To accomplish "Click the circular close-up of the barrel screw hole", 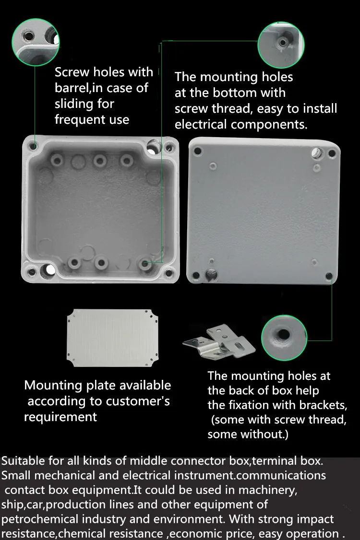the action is click(36, 42).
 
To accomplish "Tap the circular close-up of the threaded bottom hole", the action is click(281, 45).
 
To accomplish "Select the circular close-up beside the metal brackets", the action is click(284, 338).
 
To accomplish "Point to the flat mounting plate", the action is click(112, 338).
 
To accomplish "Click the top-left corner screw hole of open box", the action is click(33, 146).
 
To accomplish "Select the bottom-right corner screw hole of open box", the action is click(169, 273).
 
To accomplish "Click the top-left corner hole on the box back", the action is click(198, 151).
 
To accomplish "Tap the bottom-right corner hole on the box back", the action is click(329, 276).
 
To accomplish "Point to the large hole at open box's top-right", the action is click(154, 146).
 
